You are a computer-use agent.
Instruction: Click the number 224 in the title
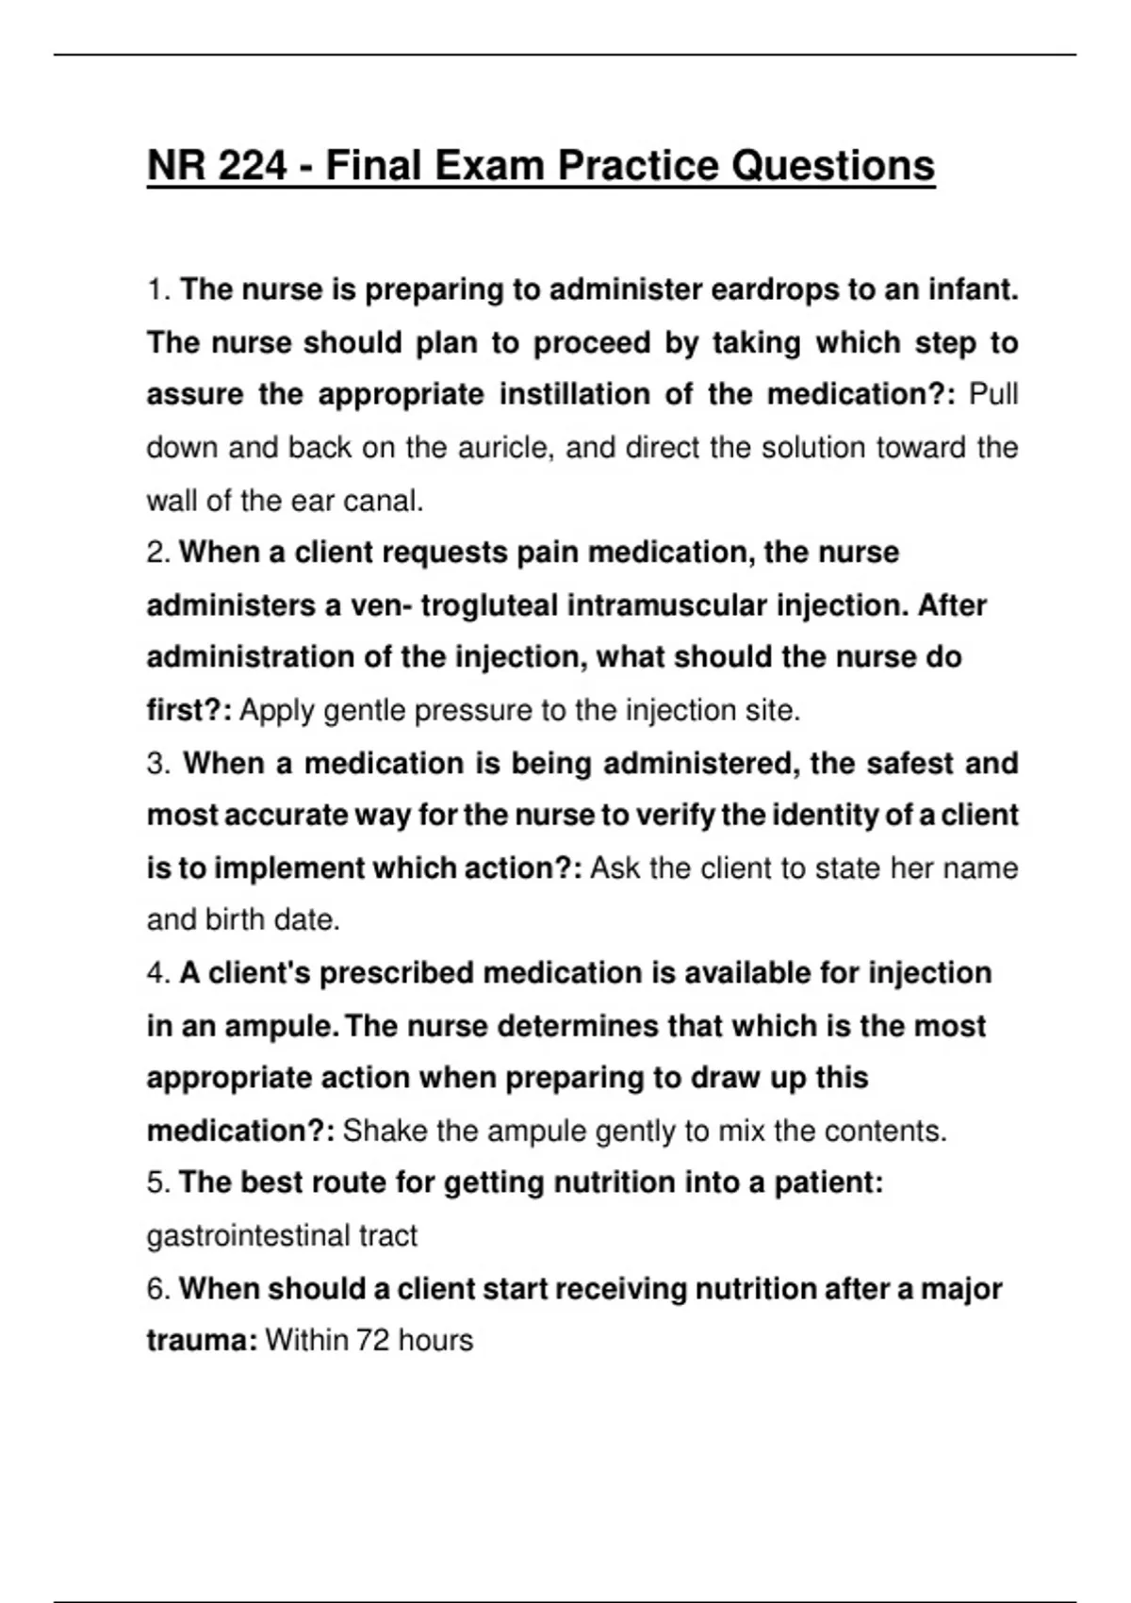[253, 167]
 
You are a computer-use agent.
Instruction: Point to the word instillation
[576, 394]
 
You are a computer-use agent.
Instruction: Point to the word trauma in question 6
[199, 1340]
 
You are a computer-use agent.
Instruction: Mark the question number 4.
[156, 973]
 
